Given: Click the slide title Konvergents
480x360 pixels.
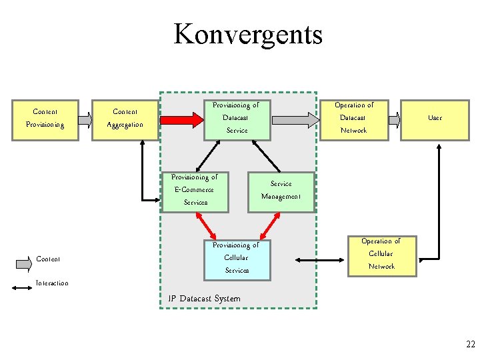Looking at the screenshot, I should click(x=247, y=34).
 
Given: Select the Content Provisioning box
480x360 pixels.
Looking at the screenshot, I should click(x=45, y=118).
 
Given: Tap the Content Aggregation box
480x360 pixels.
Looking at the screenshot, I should click(x=125, y=118).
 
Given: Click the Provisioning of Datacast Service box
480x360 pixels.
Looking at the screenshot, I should click(x=237, y=118).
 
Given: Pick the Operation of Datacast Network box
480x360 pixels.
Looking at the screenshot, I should click(x=353, y=118).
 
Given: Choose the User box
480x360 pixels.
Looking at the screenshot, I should click(x=435, y=118).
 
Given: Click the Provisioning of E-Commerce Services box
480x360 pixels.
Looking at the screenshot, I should click(x=195, y=190).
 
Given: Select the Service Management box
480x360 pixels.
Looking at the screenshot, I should click(x=281, y=190).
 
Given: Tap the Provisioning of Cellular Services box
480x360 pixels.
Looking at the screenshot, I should click(x=237, y=258).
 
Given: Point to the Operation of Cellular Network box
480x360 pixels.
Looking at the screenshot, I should click(x=381, y=254).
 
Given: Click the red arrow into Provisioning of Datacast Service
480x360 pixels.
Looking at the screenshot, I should click(x=181, y=120).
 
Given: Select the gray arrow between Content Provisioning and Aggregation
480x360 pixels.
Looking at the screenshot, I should click(x=85, y=120).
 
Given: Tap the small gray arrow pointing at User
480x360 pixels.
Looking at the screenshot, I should click(x=395, y=120).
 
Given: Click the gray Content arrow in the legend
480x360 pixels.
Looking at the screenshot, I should click(x=23, y=263).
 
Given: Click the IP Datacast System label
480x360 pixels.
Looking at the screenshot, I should click(x=205, y=299).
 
